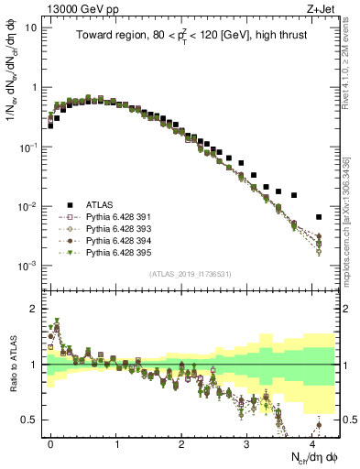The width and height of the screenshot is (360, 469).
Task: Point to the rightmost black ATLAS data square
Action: coord(318,217)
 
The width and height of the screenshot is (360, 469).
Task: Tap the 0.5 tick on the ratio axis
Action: coord(34,420)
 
